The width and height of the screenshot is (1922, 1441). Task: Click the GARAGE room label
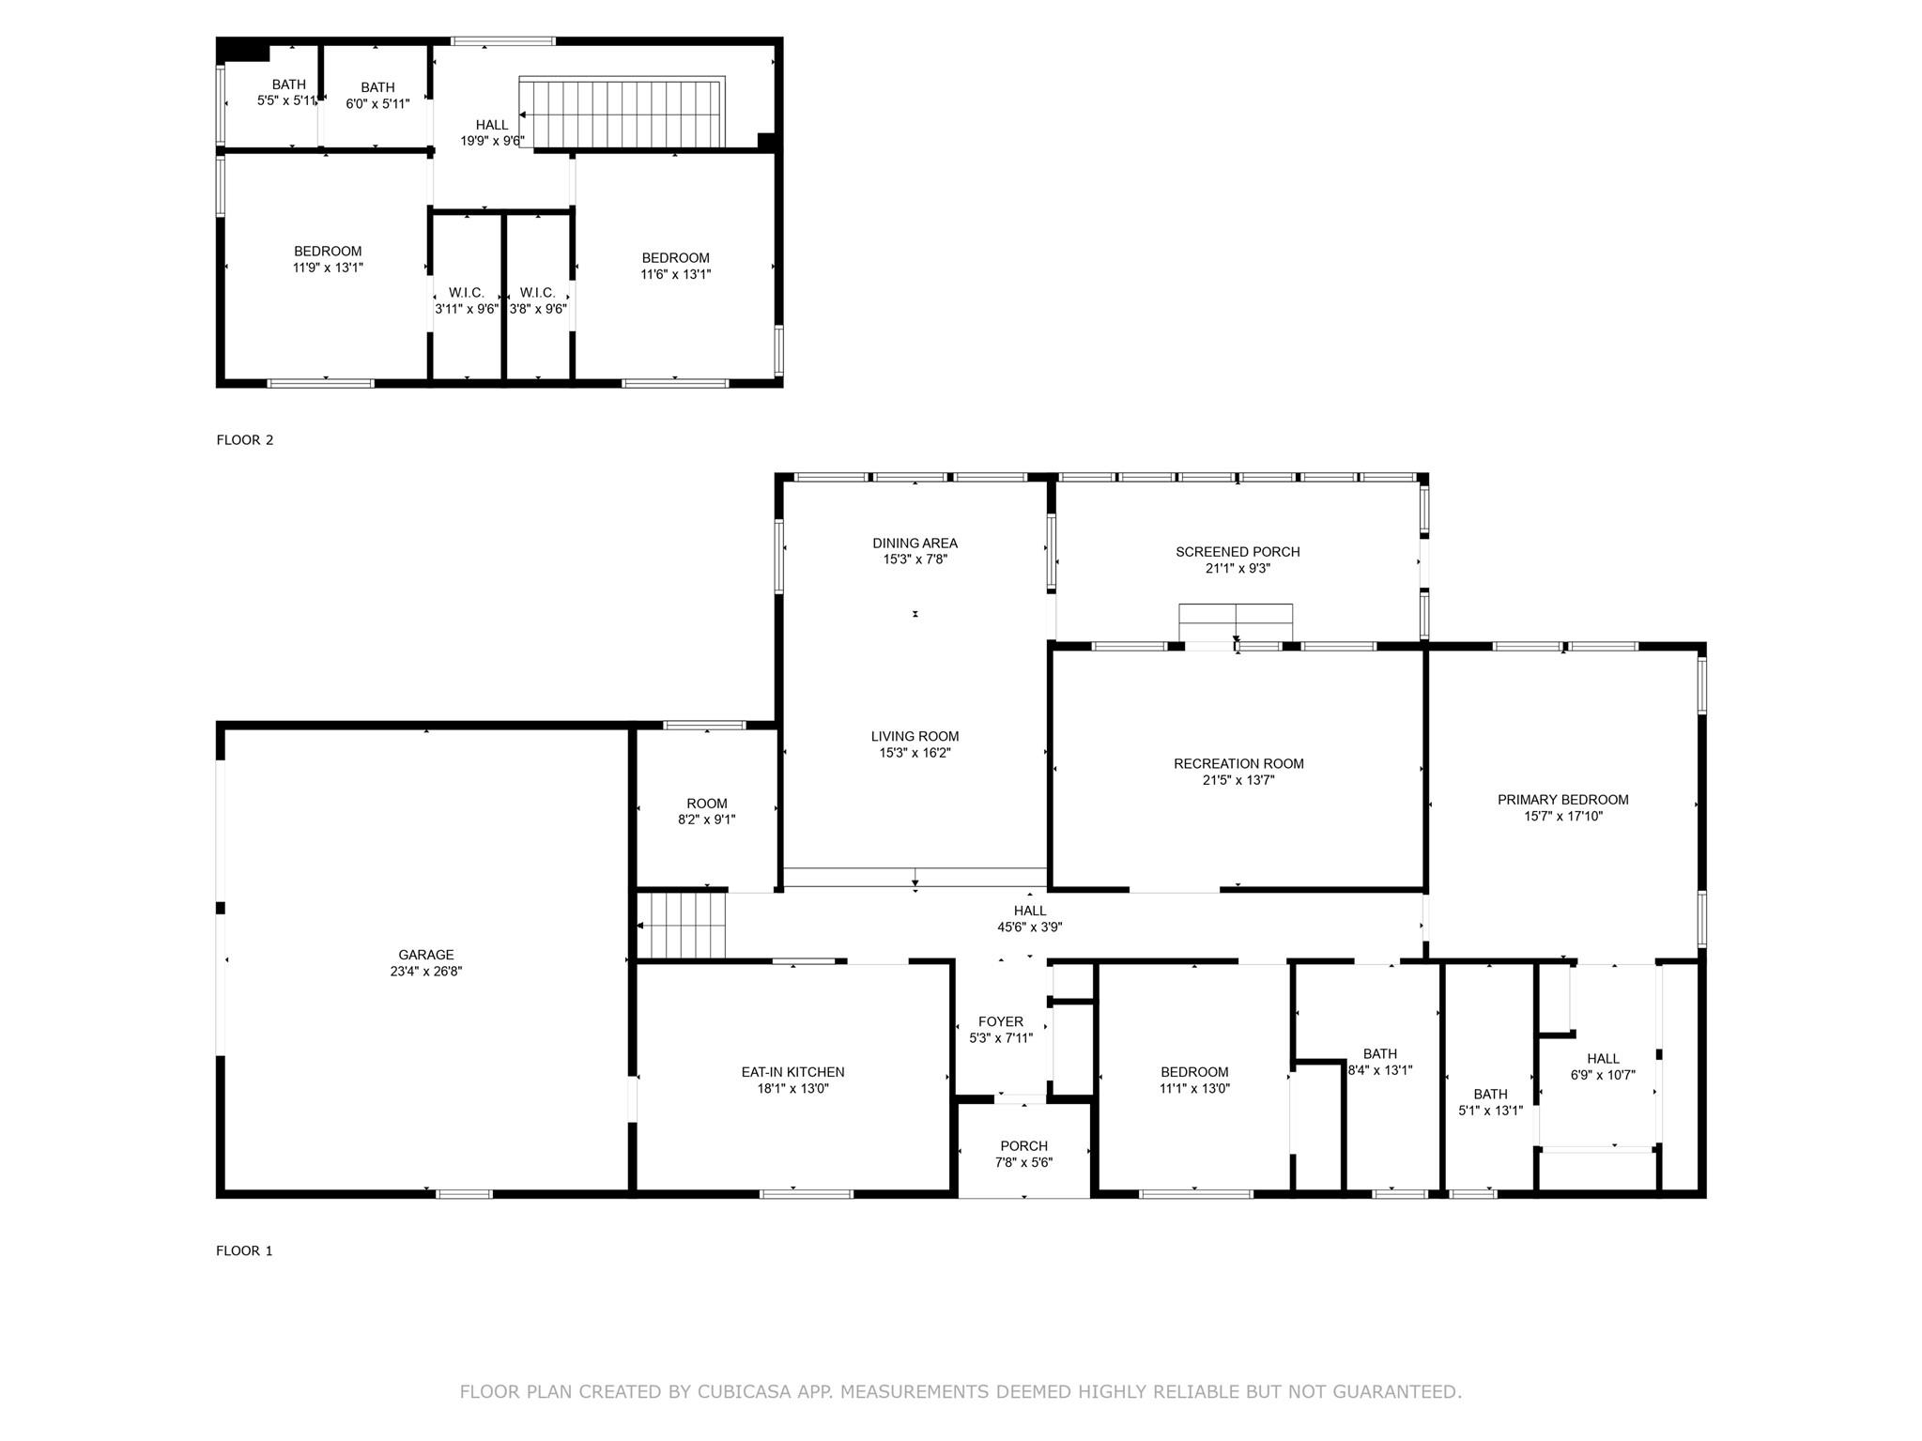pyautogui.click(x=425, y=955)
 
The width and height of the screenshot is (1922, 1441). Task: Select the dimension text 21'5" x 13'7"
pyautogui.click(x=1238, y=780)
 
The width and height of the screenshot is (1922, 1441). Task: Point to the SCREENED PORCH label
pyautogui.click(x=1238, y=552)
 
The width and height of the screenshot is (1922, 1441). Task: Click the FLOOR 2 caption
pyautogui.click(x=245, y=439)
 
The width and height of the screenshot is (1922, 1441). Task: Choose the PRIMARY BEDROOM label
pyautogui.click(x=1562, y=800)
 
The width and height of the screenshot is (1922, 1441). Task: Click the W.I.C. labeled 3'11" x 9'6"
pyautogui.click(x=467, y=301)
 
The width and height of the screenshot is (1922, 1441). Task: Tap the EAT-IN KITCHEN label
pyautogui.click(x=792, y=1072)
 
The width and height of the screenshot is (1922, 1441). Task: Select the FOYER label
pyautogui.click(x=1000, y=1021)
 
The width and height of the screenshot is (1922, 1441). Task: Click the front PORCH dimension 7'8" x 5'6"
pyautogui.click(x=1023, y=1162)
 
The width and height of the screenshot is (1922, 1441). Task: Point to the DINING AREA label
pyautogui.click(x=915, y=543)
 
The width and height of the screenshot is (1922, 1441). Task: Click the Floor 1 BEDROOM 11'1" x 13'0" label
pyautogui.click(x=1194, y=1072)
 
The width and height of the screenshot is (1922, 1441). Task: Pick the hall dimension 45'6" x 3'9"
pyautogui.click(x=1029, y=927)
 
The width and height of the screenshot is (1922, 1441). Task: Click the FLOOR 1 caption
pyautogui.click(x=244, y=1250)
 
